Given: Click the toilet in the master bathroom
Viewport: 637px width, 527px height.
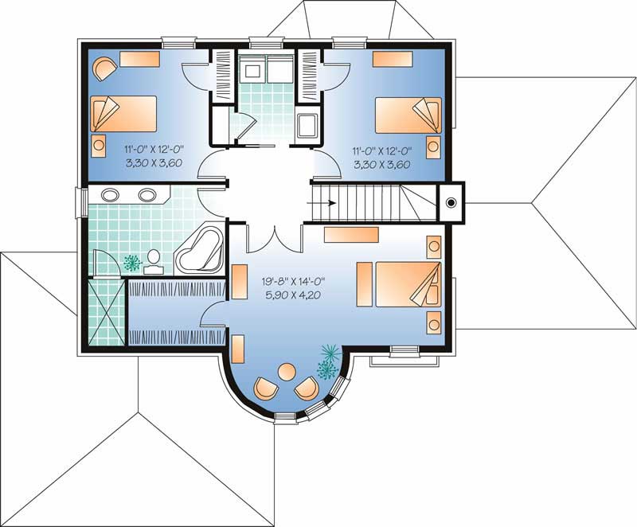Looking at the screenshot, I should (x=154, y=258).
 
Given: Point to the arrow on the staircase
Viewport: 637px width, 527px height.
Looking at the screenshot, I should (x=326, y=201).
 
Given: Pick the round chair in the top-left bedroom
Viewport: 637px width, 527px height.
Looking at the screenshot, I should (x=104, y=68).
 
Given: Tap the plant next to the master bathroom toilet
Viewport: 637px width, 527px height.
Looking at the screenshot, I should (x=133, y=260).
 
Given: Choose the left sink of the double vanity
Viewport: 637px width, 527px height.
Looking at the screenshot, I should (x=112, y=194).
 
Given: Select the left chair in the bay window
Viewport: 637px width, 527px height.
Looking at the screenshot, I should (x=265, y=389).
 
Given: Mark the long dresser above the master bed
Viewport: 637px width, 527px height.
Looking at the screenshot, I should (x=350, y=234).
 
